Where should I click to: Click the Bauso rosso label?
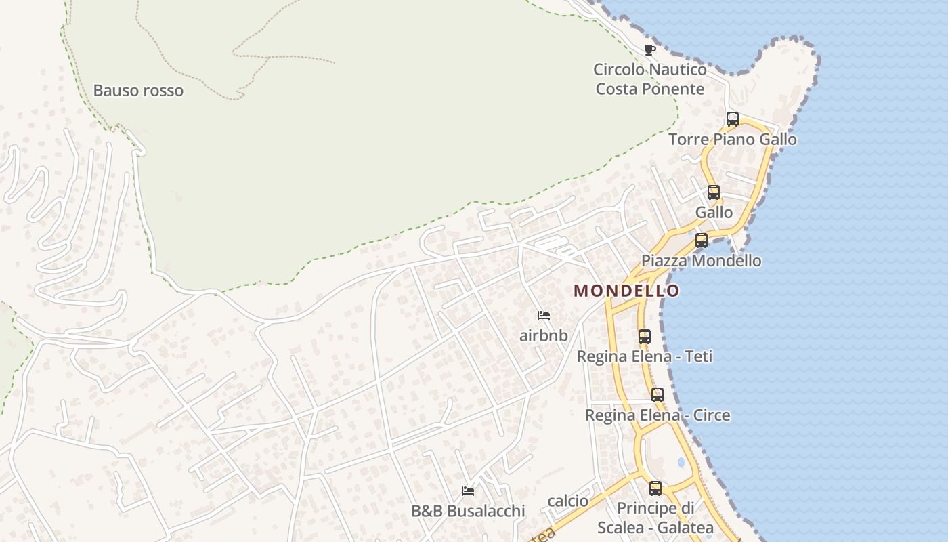(x=138, y=90)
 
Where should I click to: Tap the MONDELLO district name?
(x=626, y=291)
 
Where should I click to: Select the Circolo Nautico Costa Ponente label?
(x=649, y=79)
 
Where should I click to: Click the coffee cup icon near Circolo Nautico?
(x=650, y=49)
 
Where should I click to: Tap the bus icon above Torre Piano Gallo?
(x=732, y=119)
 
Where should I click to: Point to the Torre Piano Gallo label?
(x=732, y=140)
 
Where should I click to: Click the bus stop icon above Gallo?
(x=714, y=192)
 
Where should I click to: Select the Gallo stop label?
(x=714, y=212)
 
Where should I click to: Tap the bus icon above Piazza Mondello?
(x=702, y=240)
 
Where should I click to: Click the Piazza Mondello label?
(x=701, y=261)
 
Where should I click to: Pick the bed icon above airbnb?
(x=543, y=315)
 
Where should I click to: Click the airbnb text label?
(x=543, y=335)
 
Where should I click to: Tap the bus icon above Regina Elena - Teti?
(x=644, y=336)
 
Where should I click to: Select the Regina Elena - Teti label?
(x=644, y=356)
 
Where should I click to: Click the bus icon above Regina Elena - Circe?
(x=658, y=394)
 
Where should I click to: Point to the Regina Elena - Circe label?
(x=658, y=415)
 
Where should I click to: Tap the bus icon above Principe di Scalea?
(x=655, y=488)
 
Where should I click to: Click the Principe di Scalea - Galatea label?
(x=655, y=518)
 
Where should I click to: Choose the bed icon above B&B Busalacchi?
(x=467, y=491)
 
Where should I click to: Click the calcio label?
(x=567, y=501)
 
